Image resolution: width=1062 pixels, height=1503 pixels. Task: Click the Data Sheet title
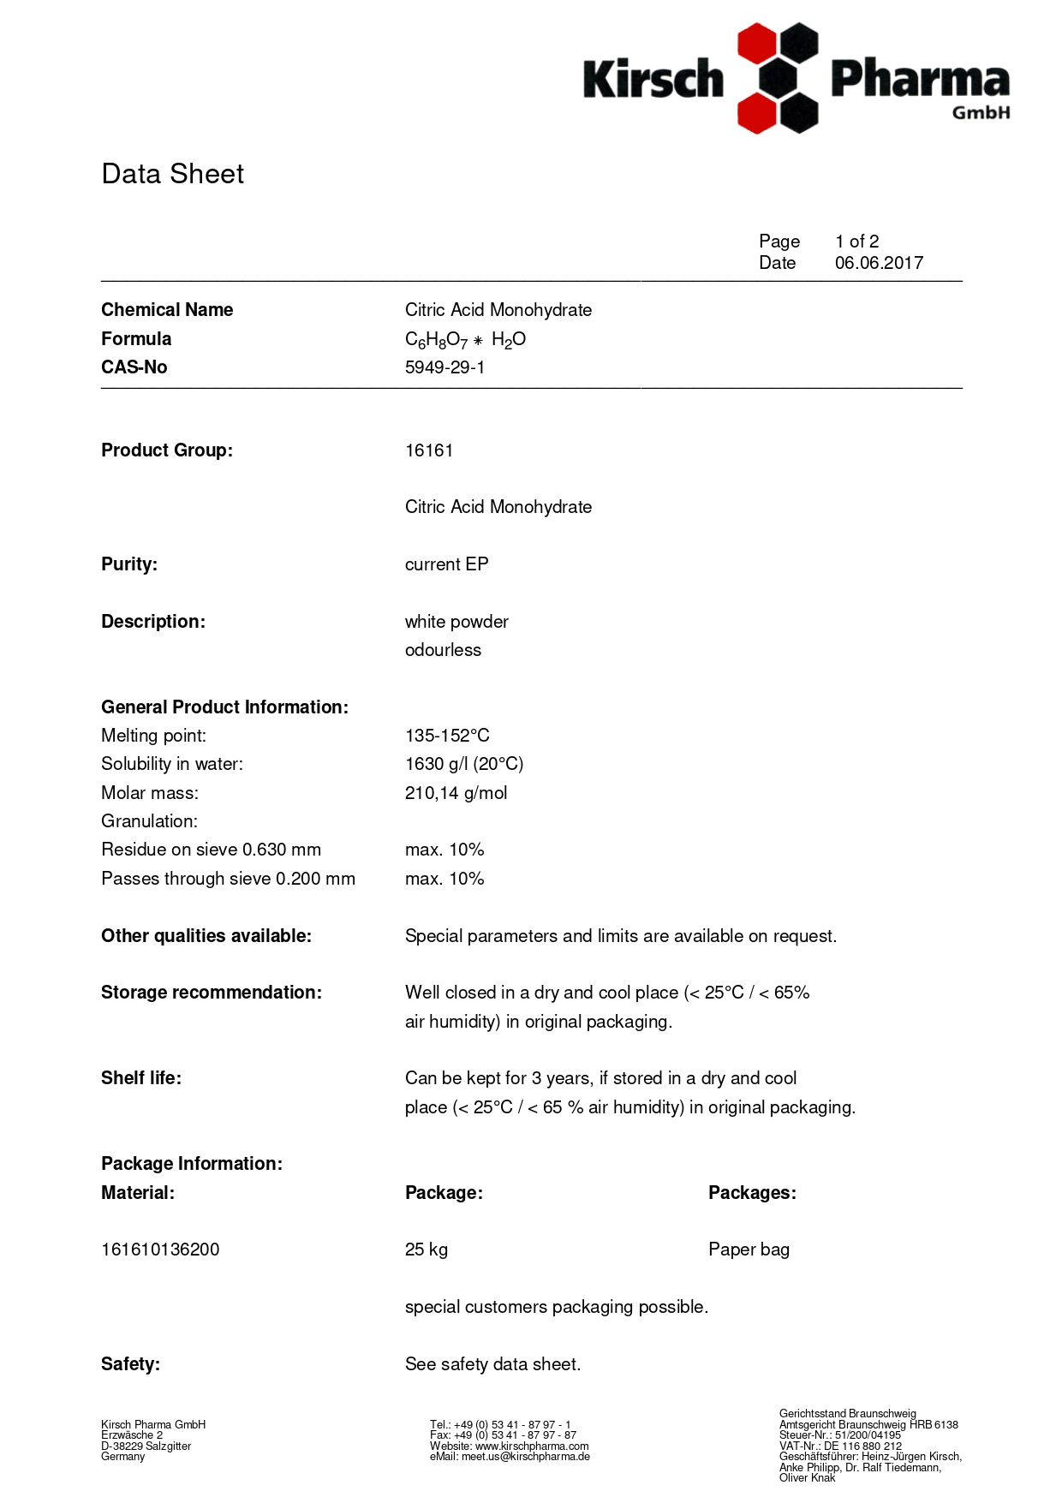coord(172,174)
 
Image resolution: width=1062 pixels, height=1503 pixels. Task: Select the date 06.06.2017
coord(879,263)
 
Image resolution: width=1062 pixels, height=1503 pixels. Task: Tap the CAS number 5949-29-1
coord(444,367)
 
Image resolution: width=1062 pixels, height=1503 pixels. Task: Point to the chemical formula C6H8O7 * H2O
coord(465,340)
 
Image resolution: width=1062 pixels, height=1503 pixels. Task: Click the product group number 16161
coord(428,450)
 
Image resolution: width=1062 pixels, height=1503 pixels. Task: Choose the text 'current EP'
coord(446,564)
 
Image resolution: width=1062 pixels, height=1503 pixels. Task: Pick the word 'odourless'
coord(443,650)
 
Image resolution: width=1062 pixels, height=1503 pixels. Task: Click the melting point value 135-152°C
coord(447,736)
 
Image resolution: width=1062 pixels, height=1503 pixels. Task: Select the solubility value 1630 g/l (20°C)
coord(463,764)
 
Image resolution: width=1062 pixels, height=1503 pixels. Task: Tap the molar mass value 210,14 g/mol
coord(456,793)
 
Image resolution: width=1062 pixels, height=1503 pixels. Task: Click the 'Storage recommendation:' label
coord(211,993)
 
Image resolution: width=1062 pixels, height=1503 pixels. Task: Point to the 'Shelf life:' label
coord(140,1078)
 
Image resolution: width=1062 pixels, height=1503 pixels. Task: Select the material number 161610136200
coord(160,1250)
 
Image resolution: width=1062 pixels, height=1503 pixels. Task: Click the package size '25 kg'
coord(426,1250)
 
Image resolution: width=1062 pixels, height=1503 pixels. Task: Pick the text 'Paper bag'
coord(749,1250)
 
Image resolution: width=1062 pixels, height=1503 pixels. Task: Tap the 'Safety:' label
coord(130,1364)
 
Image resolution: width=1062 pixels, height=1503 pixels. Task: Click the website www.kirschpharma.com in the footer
coord(532,1446)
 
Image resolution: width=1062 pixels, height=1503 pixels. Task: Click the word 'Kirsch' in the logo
coord(653,80)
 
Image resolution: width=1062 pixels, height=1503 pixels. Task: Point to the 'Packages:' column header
coord(751,1193)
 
